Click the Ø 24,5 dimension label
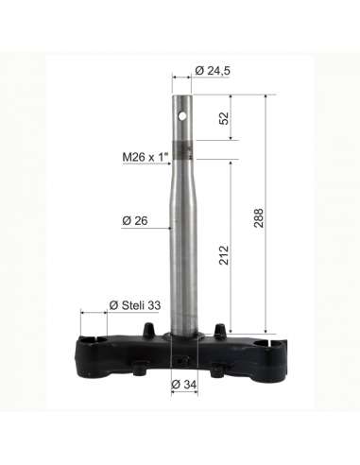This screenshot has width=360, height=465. (213, 71)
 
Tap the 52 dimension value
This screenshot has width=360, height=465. (224, 118)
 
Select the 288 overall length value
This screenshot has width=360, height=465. (259, 217)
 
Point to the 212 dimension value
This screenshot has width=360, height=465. (224, 255)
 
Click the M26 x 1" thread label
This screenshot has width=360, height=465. (146, 157)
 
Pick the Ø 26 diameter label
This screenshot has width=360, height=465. (135, 221)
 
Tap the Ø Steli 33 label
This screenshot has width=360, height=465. (135, 305)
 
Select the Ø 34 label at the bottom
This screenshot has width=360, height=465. (184, 385)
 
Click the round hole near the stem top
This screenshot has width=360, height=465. (181, 116)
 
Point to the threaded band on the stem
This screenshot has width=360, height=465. (182, 151)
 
